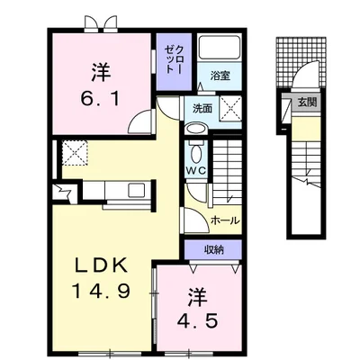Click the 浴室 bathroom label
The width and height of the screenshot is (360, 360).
[x=220, y=76]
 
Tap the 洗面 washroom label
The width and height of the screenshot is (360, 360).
[x=202, y=108]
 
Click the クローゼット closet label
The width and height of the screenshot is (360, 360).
[x=172, y=58]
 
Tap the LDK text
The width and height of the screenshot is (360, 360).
[x=103, y=267]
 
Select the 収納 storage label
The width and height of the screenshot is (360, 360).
[x=213, y=250]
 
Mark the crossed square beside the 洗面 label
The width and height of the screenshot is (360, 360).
[x=230, y=109]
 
